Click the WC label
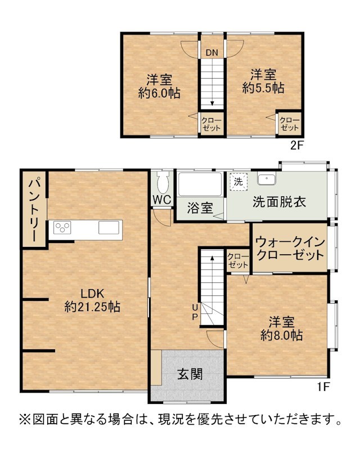click(162, 200)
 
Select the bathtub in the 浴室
click(200, 184)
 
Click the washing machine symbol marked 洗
click(238, 181)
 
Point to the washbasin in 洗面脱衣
click(267, 179)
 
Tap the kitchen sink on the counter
click(109, 228)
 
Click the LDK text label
click(92, 294)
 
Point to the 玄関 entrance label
click(190, 374)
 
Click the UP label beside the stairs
click(195, 312)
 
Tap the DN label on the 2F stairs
click(212, 52)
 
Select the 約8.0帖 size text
click(281, 335)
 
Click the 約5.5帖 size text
click(263, 88)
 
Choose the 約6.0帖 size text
click(159, 93)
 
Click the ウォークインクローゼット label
click(290, 249)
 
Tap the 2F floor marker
click(297, 146)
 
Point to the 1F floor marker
click(323, 387)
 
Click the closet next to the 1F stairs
click(238, 261)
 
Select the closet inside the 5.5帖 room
click(289, 124)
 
